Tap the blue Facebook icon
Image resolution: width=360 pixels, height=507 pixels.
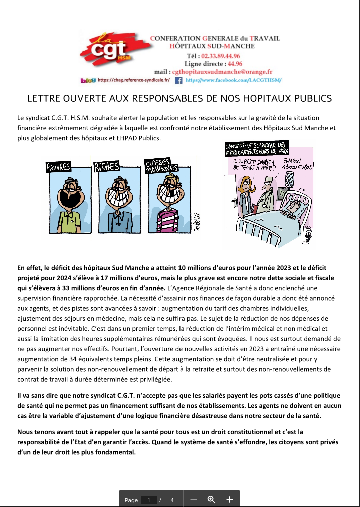pyautogui.click(x=178, y=80)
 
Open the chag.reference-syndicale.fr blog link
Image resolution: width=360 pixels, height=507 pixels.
pyautogui.click(x=133, y=80)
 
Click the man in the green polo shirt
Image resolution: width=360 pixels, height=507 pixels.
pyautogui.click(x=69, y=205)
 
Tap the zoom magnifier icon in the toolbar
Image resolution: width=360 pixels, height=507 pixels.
pyautogui.click(x=211, y=499)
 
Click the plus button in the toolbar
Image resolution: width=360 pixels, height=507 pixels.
pyautogui.click(x=230, y=499)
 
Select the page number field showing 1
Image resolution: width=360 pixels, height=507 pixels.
pyautogui.click(x=149, y=500)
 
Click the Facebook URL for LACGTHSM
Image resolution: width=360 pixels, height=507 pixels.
pyautogui.click(x=233, y=80)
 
